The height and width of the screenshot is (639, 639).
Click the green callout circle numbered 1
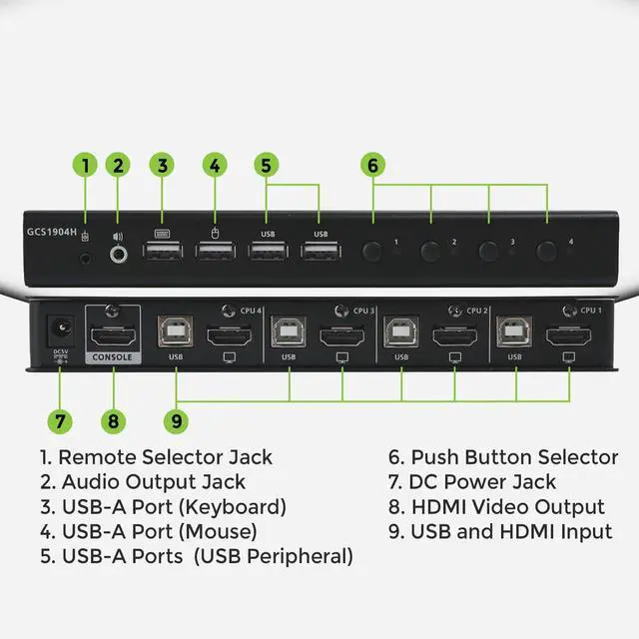tap(86, 165)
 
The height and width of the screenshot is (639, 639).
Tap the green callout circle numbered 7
tap(63, 420)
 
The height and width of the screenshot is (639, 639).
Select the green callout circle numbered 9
tap(177, 420)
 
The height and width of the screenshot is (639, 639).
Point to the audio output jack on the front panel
tap(120, 254)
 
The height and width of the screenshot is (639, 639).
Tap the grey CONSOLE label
tap(114, 356)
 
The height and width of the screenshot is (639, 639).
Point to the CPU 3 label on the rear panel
tap(363, 311)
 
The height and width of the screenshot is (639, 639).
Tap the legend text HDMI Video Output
tap(508, 507)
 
